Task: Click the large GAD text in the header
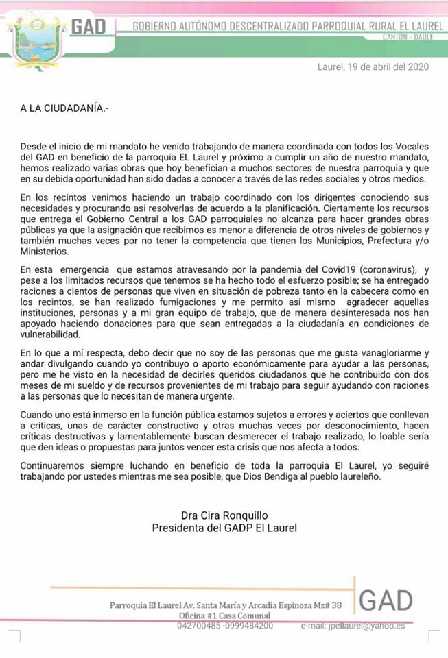coord(89,27)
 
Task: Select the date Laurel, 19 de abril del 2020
coord(373,67)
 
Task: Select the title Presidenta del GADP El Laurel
coord(224,528)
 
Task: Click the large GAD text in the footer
coord(386,601)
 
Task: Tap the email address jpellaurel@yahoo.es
coord(362,626)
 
